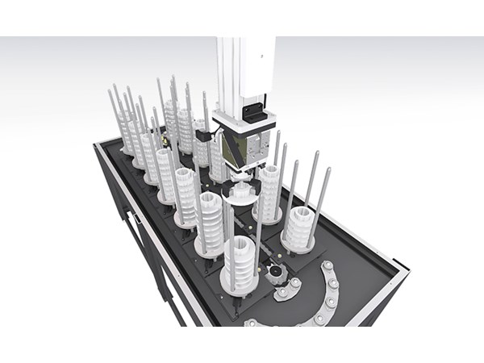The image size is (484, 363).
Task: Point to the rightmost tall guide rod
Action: tap(327, 190)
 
